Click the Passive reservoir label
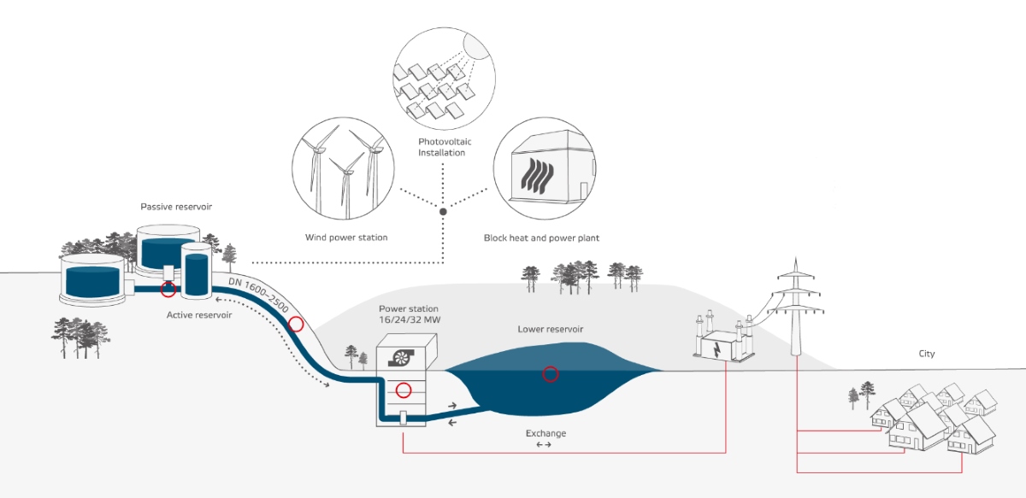(x=175, y=208)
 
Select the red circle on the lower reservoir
(x=551, y=373)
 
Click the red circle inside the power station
(x=404, y=390)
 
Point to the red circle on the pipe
(x=296, y=324)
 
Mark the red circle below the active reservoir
(x=168, y=290)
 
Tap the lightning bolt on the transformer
(x=716, y=350)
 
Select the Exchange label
(x=545, y=433)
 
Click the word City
(x=927, y=354)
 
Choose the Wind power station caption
(x=346, y=237)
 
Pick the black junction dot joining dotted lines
(x=443, y=210)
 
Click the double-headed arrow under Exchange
(x=544, y=446)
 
